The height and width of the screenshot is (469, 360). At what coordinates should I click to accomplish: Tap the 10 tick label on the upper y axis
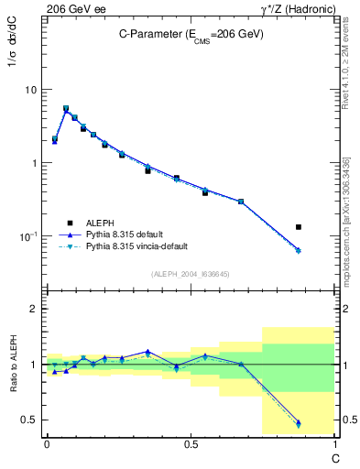click(29, 90)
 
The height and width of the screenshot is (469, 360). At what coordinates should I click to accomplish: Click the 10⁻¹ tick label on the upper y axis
click(27, 236)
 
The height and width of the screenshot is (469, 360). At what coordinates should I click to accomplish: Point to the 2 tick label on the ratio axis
click(34, 309)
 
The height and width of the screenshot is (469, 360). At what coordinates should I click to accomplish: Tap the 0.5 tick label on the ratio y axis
click(29, 420)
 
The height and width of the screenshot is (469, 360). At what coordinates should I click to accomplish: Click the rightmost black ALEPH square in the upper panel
click(299, 226)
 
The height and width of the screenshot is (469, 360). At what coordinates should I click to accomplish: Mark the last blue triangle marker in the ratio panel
click(299, 422)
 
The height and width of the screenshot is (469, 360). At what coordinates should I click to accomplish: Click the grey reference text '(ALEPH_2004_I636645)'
click(191, 274)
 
